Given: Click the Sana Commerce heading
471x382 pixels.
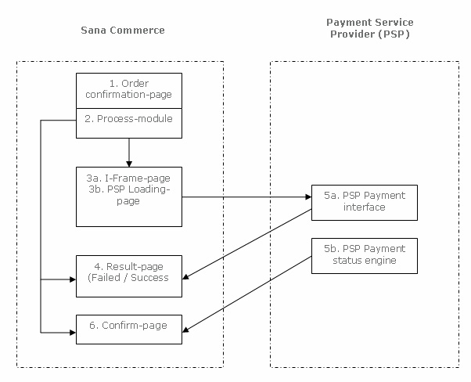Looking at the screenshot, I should click(124, 31).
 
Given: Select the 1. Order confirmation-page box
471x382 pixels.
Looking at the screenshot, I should click(128, 90).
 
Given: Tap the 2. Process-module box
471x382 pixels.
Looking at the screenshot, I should click(128, 119).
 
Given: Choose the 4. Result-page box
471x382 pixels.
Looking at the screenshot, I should click(128, 275).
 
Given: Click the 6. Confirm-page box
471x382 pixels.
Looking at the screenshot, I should click(128, 327).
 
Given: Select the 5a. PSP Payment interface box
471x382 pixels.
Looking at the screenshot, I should click(364, 202).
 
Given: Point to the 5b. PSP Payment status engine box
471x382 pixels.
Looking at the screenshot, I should click(364, 255).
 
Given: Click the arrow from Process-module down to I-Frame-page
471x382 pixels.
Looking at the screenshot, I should click(128, 149).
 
